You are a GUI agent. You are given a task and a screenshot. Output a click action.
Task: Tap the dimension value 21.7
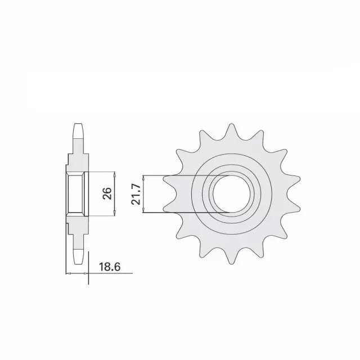[x=136, y=194]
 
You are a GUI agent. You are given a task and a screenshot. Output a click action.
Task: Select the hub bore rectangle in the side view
[x=76, y=194]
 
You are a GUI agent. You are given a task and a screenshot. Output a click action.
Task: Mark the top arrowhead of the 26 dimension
[x=114, y=174]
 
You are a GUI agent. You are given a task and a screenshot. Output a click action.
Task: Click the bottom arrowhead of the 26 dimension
[x=114, y=214]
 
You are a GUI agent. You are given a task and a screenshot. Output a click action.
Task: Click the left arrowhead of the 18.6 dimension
[x=68, y=273]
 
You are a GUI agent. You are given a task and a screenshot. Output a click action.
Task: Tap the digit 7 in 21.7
[x=136, y=186]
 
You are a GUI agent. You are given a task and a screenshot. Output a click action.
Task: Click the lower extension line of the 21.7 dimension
[x=186, y=212]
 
